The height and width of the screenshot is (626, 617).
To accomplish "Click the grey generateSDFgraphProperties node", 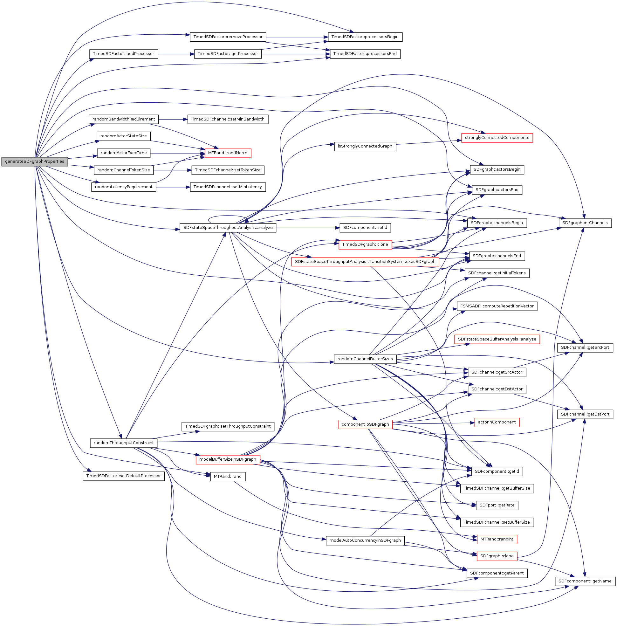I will coord(35,162).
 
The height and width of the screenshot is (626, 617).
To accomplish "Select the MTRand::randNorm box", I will coord(228,153).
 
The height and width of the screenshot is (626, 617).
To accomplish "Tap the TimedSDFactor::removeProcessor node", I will coord(228,37).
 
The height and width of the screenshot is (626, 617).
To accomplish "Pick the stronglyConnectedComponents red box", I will coord(497,138).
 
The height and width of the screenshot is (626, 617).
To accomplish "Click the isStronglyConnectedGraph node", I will coord(365,146).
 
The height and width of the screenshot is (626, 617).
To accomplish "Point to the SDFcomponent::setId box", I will coord(365,228).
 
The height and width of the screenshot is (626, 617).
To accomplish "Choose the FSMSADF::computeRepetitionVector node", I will coord(497,306).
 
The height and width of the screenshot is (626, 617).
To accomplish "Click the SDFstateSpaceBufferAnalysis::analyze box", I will coord(497,339).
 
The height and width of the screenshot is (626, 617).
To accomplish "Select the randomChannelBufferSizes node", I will coord(365,359).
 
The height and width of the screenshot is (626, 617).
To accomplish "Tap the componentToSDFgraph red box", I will coord(365,424).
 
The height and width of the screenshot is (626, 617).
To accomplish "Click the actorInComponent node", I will coord(497,422).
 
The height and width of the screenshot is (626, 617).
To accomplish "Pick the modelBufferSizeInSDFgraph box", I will coord(228,459).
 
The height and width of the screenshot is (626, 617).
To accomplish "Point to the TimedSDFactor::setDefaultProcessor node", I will coord(124,476).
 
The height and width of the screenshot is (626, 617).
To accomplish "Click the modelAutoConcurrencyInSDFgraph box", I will coord(365,540).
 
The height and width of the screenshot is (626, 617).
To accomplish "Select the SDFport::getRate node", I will coord(497,505).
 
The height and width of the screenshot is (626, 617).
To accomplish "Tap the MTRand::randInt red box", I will coord(497,539).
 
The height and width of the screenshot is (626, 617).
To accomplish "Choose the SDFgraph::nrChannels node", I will coord(585,223).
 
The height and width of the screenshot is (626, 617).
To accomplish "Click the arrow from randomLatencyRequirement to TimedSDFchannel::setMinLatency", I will coord(173,187).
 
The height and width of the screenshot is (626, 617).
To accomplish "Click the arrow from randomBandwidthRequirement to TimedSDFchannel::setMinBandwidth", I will coord(173,120).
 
